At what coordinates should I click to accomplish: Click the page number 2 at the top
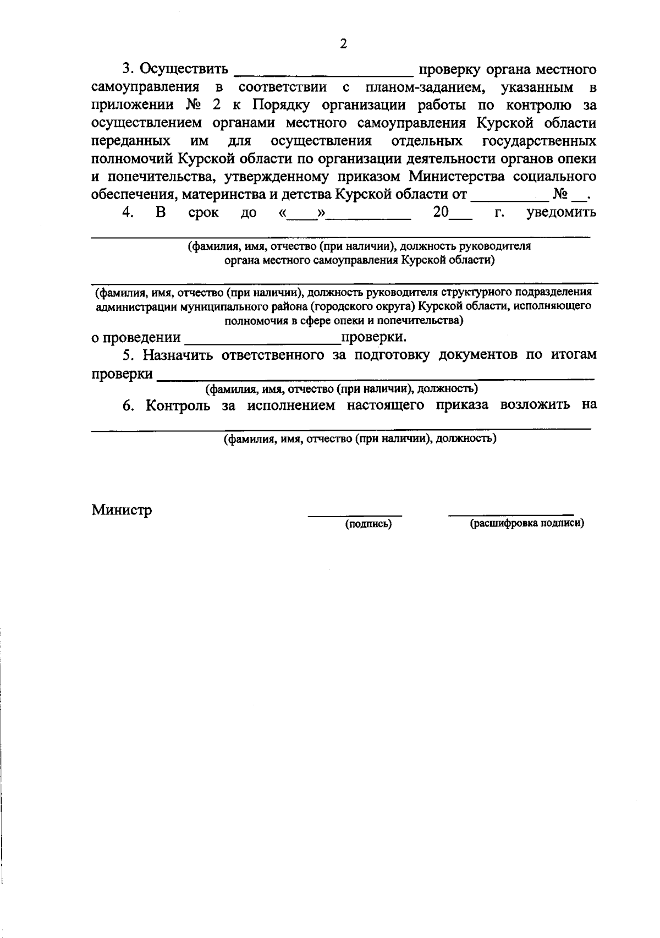(x=343, y=45)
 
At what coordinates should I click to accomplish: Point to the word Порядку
(x=284, y=105)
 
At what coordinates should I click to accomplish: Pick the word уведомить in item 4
(x=561, y=212)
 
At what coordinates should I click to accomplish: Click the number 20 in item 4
(x=441, y=212)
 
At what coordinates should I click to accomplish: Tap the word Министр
(x=122, y=510)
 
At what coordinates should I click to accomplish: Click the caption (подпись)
(x=368, y=524)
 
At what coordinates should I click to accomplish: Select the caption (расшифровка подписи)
(x=526, y=524)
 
